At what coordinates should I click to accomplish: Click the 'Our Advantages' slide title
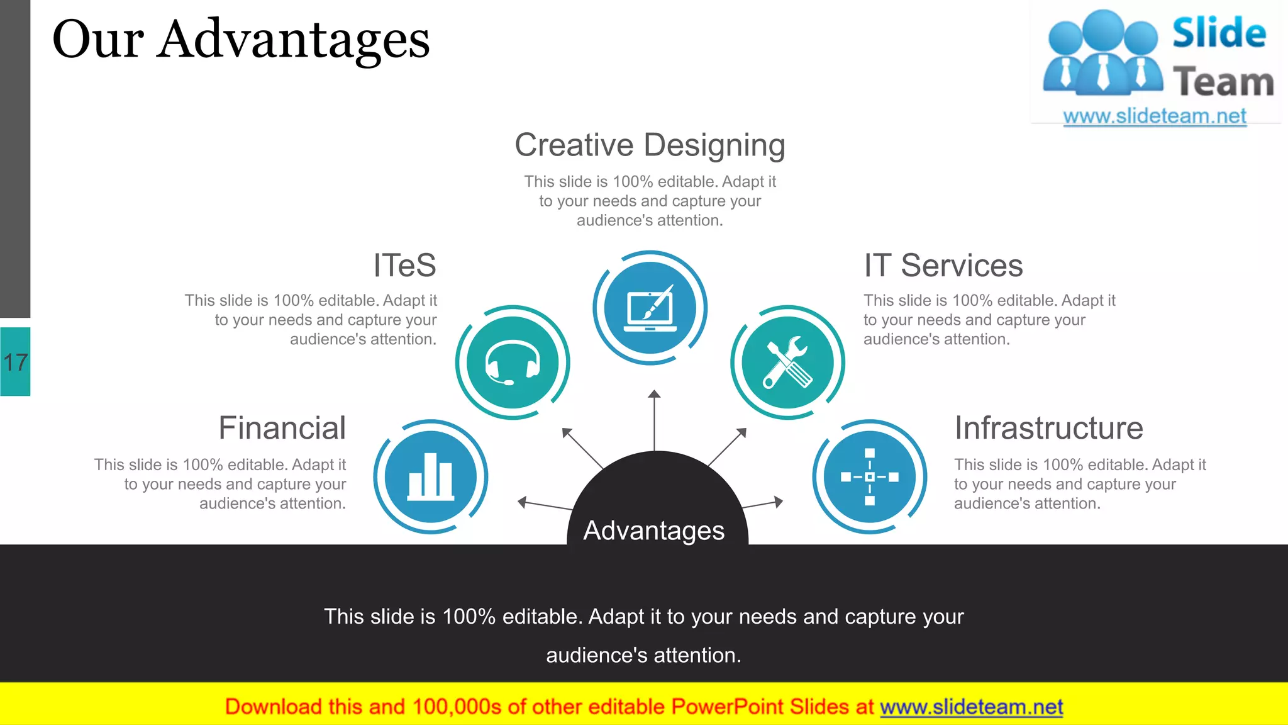point(241,40)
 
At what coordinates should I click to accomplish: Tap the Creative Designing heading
point(650,145)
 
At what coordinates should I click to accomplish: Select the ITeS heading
point(404,266)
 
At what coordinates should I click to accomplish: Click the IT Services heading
point(943,266)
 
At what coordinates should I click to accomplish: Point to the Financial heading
point(282,429)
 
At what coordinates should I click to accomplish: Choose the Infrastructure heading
point(1048,429)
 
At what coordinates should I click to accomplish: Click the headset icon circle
point(513,362)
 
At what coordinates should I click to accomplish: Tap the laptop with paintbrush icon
point(650,308)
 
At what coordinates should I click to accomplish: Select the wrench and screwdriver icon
point(787,362)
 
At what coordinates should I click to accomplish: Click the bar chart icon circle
point(431,477)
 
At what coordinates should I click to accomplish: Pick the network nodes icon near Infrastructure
point(870,477)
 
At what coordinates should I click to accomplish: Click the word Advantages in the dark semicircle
point(654,531)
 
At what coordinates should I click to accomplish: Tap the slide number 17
point(15,362)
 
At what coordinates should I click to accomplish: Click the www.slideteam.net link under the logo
point(1155,116)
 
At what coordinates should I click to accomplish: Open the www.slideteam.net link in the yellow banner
point(971,707)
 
